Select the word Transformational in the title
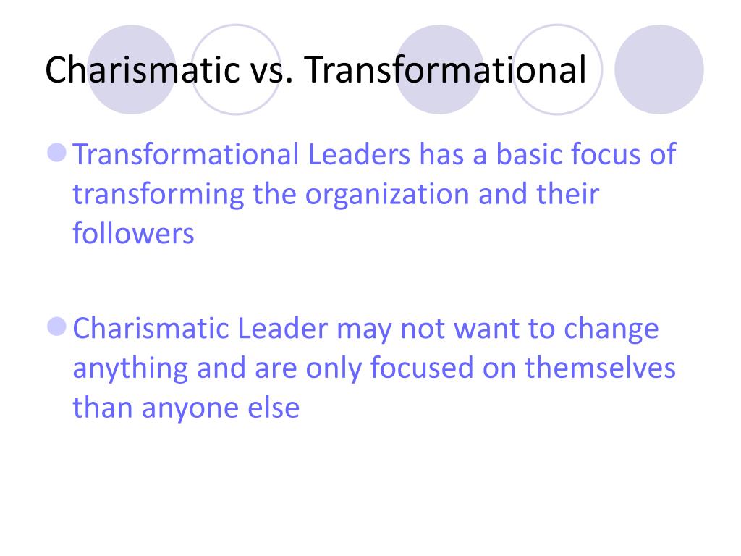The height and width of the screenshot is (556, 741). point(444,69)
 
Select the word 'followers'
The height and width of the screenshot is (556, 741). point(133,233)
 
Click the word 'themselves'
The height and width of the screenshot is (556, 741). point(600,368)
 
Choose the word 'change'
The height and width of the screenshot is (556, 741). point(611,329)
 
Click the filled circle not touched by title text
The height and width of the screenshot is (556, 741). point(659,69)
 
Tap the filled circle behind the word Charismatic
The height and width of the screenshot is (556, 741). point(132,69)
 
